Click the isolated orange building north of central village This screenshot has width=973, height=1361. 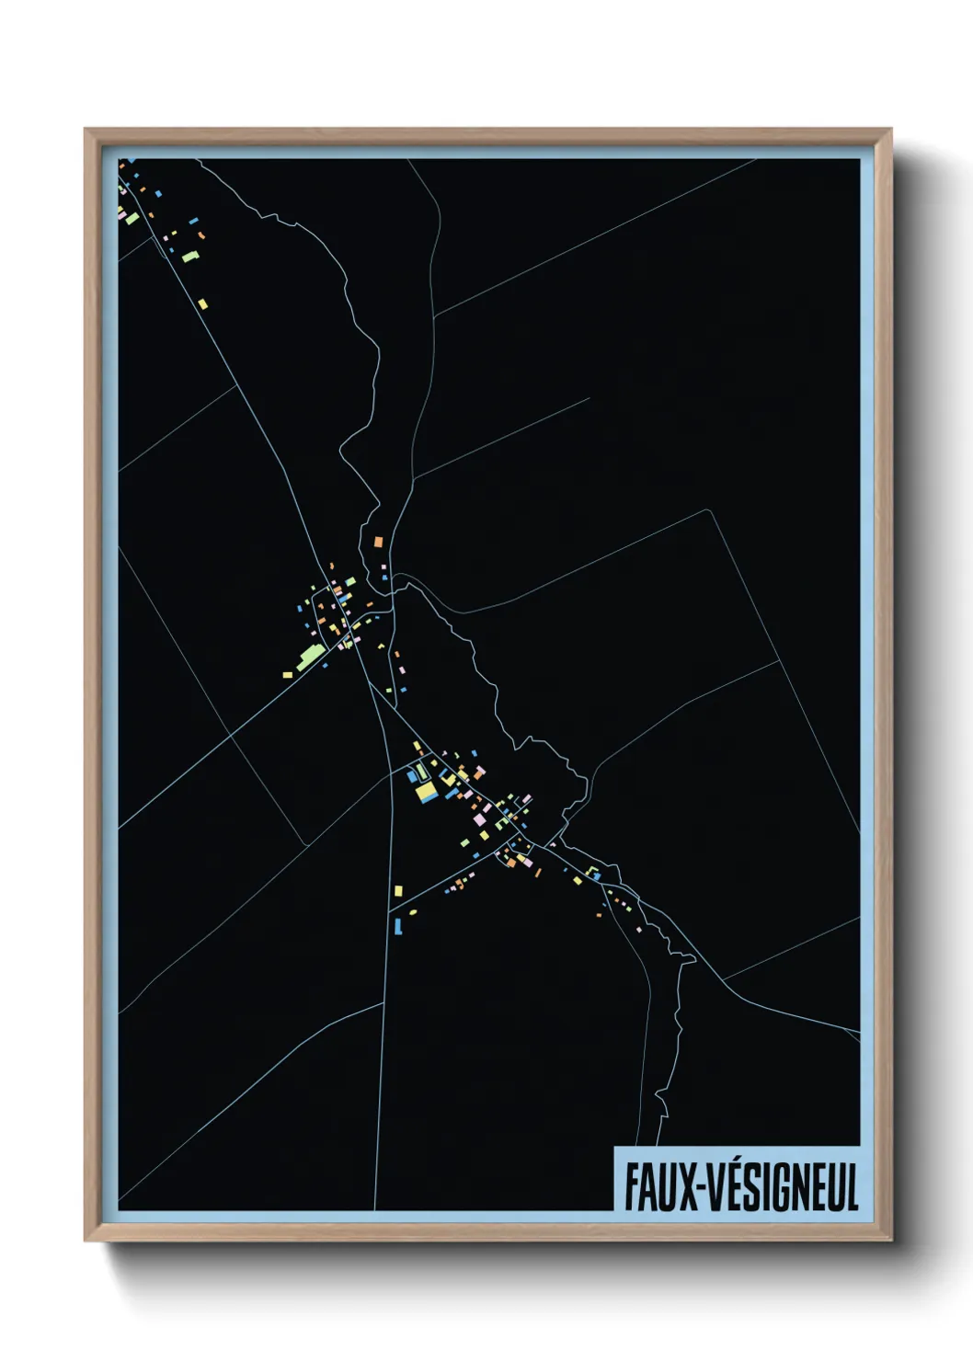[x=376, y=542]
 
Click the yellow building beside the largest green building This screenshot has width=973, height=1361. [x=287, y=675]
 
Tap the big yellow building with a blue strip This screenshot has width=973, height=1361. [x=425, y=791]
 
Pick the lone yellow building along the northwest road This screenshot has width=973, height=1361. [x=202, y=303]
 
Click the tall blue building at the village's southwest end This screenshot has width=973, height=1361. [x=397, y=925]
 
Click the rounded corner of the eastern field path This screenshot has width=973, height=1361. [x=708, y=511]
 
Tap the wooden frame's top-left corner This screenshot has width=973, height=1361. [x=86, y=130]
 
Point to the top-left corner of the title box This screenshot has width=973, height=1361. [x=615, y=1148]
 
